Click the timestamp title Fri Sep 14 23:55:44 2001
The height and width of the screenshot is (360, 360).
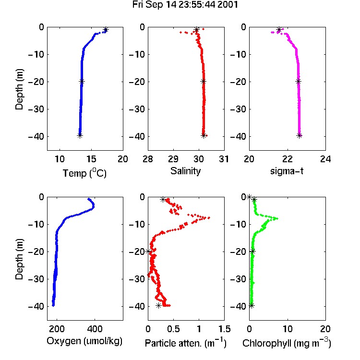[185, 5]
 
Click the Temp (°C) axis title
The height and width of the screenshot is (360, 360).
[84, 173]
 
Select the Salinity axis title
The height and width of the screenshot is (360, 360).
[185, 171]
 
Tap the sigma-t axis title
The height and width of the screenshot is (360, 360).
[287, 171]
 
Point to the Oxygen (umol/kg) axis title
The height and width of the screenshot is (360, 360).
[84, 341]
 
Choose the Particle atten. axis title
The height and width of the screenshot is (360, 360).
[186, 343]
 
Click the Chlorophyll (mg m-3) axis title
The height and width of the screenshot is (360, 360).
[287, 343]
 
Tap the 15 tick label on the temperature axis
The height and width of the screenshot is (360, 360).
[91, 159]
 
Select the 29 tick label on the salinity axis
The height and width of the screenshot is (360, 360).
[173, 159]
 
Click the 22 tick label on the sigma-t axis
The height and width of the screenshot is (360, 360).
[288, 159]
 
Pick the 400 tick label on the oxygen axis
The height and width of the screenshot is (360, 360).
[95, 329]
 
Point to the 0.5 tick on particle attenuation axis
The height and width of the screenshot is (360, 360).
[173, 329]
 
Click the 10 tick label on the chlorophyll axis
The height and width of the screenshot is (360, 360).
[288, 329]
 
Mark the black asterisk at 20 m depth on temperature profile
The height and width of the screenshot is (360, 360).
[82, 81]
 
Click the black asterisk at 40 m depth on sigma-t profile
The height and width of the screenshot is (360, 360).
[299, 135]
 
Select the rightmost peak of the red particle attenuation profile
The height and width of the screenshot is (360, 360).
[209, 217]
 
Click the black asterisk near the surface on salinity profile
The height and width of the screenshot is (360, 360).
[196, 30]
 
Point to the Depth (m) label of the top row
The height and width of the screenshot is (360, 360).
[19, 89]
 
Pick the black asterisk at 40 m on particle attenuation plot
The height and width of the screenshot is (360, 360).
[159, 306]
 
